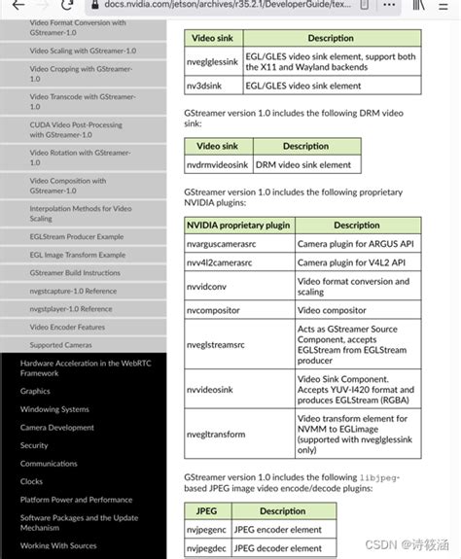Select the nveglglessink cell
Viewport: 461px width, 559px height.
click(x=212, y=60)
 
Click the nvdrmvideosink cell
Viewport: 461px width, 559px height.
click(x=218, y=165)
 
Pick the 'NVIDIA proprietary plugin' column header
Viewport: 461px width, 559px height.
click(x=237, y=225)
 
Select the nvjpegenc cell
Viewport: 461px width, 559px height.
click(x=206, y=530)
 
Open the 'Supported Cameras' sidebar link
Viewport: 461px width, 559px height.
click(x=60, y=345)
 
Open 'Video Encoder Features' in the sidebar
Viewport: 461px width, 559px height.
click(x=67, y=327)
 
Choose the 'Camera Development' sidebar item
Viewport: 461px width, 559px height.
click(x=57, y=428)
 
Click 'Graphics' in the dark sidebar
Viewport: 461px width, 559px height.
click(x=35, y=391)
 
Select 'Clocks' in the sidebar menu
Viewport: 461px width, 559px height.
click(x=32, y=481)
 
